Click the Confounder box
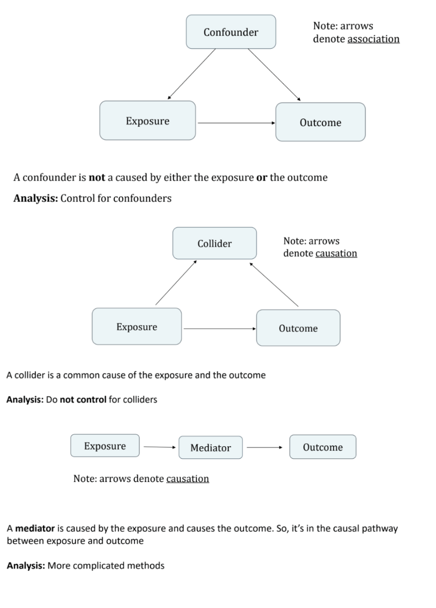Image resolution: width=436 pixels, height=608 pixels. [x=231, y=32]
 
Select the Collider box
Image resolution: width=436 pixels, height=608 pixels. [x=214, y=243]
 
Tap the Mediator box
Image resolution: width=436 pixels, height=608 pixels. [x=211, y=448]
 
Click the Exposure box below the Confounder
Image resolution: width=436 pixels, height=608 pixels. [x=147, y=121]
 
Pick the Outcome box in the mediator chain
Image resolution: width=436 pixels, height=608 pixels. [x=323, y=447]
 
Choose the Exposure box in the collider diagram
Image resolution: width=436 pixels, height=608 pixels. [x=137, y=327]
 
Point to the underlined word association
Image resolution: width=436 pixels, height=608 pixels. [x=373, y=39]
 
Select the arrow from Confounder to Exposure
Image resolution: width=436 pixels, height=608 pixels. [x=192, y=74]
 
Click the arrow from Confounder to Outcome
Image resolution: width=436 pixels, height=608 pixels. [x=274, y=74]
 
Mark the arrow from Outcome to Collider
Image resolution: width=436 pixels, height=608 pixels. [x=274, y=284]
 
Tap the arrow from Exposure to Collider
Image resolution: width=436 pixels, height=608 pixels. [x=176, y=283]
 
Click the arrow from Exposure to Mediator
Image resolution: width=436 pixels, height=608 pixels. [x=159, y=448]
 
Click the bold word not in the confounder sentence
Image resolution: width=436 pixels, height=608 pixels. [x=97, y=178]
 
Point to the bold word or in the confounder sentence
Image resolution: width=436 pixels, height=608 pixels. [x=262, y=178]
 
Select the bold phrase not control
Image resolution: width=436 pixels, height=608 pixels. [x=83, y=399]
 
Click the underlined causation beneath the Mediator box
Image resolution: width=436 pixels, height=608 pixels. [x=187, y=479]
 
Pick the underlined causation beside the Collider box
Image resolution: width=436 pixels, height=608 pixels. [x=336, y=253]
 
